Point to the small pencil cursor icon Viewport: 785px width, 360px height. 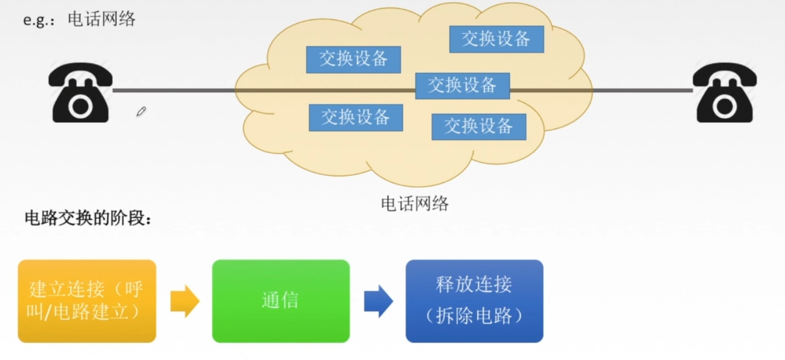[x=141, y=112]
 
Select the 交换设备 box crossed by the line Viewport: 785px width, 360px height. [x=462, y=85]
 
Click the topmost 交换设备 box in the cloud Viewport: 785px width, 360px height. [x=496, y=39]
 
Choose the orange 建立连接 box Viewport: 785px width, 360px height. [x=87, y=301]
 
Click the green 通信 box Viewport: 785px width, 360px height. [x=280, y=301]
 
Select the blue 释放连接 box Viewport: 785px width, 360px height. [x=474, y=301]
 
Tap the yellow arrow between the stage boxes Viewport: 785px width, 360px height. [x=185, y=301]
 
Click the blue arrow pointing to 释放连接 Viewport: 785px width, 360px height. [x=378, y=301]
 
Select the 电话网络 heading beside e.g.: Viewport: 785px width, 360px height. [x=102, y=19]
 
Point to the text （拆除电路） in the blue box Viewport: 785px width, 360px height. [x=474, y=316]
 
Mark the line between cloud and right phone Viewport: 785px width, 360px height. [x=642, y=91]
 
